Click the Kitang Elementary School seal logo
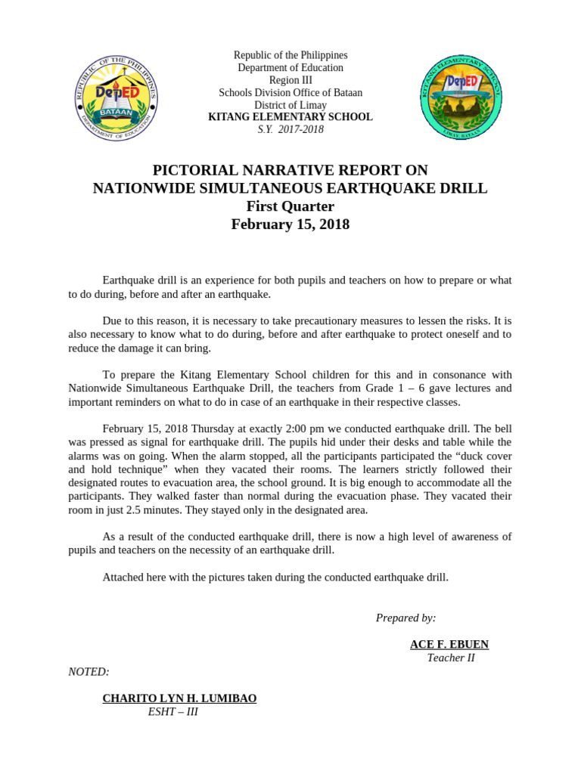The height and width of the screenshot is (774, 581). (x=461, y=98)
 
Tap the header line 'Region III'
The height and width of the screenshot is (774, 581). (x=290, y=80)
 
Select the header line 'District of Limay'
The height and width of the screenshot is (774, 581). (x=290, y=105)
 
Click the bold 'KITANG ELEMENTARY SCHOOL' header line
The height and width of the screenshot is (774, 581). (x=290, y=117)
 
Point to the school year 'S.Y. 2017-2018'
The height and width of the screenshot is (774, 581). (x=290, y=129)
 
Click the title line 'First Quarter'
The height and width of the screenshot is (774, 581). (x=290, y=206)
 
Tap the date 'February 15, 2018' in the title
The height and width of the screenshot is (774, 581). (x=290, y=224)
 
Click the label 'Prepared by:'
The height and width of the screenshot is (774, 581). (x=405, y=618)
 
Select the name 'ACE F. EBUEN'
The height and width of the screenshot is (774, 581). (x=449, y=645)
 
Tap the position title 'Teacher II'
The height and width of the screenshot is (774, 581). (x=451, y=658)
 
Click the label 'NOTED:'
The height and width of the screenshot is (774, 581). (x=89, y=671)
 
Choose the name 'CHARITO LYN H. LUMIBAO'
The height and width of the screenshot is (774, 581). (x=179, y=698)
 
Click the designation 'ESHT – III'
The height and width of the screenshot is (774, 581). (x=173, y=711)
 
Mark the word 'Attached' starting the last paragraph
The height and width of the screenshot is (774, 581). (x=123, y=577)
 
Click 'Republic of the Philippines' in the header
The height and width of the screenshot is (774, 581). (x=290, y=55)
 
